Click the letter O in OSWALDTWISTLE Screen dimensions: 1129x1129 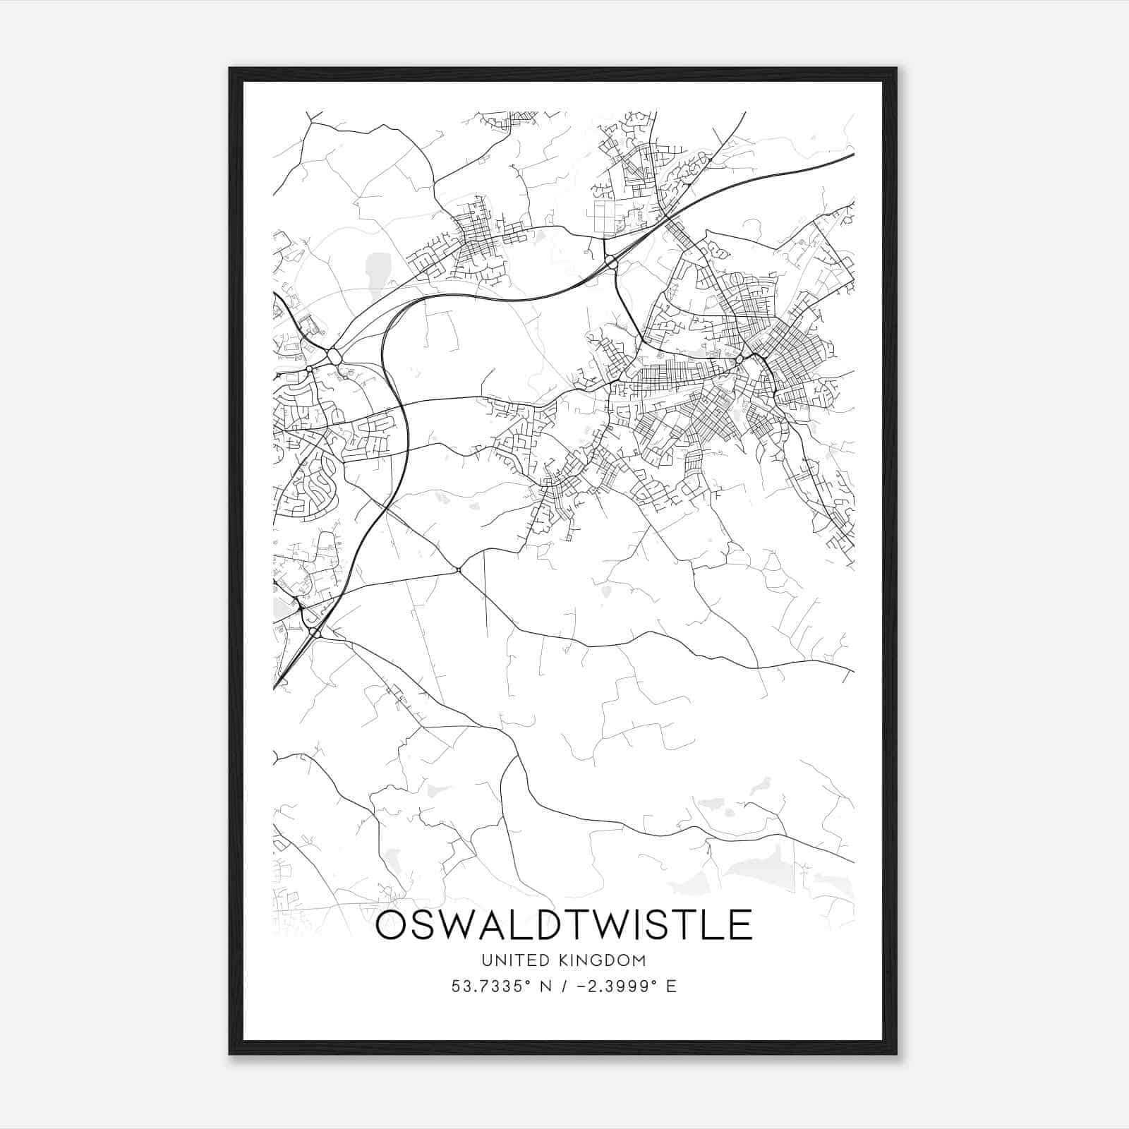point(391,925)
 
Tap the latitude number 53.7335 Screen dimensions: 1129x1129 point(490,986)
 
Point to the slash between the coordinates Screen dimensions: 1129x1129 point(567,986)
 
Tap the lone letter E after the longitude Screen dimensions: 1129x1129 point(671,986)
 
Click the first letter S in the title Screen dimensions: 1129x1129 point(423,925)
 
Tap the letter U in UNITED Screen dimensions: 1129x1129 point(486,960)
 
